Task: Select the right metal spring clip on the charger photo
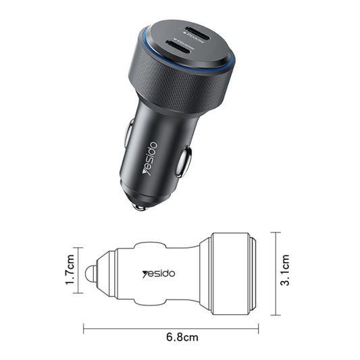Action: [x=184, y=162]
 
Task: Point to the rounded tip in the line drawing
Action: [x=88, y=274]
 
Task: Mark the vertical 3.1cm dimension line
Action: [x=275, y=273]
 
